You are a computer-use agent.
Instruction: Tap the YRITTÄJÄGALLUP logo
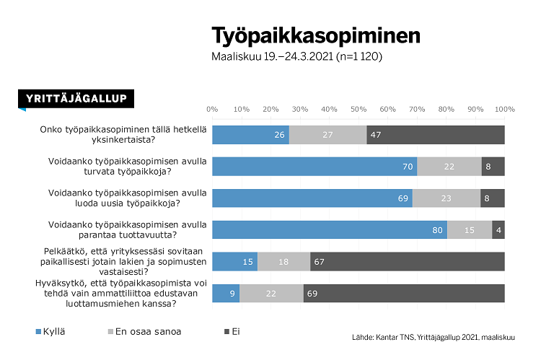pos(76,99)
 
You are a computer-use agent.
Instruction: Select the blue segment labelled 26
pos(250,134)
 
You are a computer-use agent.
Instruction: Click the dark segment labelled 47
pos(436,134)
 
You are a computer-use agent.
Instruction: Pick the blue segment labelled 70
pos(315,166)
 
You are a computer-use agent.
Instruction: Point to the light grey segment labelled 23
pos(447,198)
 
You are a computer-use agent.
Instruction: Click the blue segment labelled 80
pos(330,230)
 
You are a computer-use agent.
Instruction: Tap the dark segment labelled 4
pos(498,230)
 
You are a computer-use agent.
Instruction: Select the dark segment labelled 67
pos(408,262)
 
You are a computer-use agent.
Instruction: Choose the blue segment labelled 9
pos(226,294)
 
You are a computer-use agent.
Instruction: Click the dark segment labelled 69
pos(404,294)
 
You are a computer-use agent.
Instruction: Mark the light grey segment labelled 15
pos(470,230)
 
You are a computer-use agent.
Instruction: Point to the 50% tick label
pos(359,109)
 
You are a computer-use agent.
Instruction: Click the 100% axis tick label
pos(504,109)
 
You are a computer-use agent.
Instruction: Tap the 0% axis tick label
pos(212,109)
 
